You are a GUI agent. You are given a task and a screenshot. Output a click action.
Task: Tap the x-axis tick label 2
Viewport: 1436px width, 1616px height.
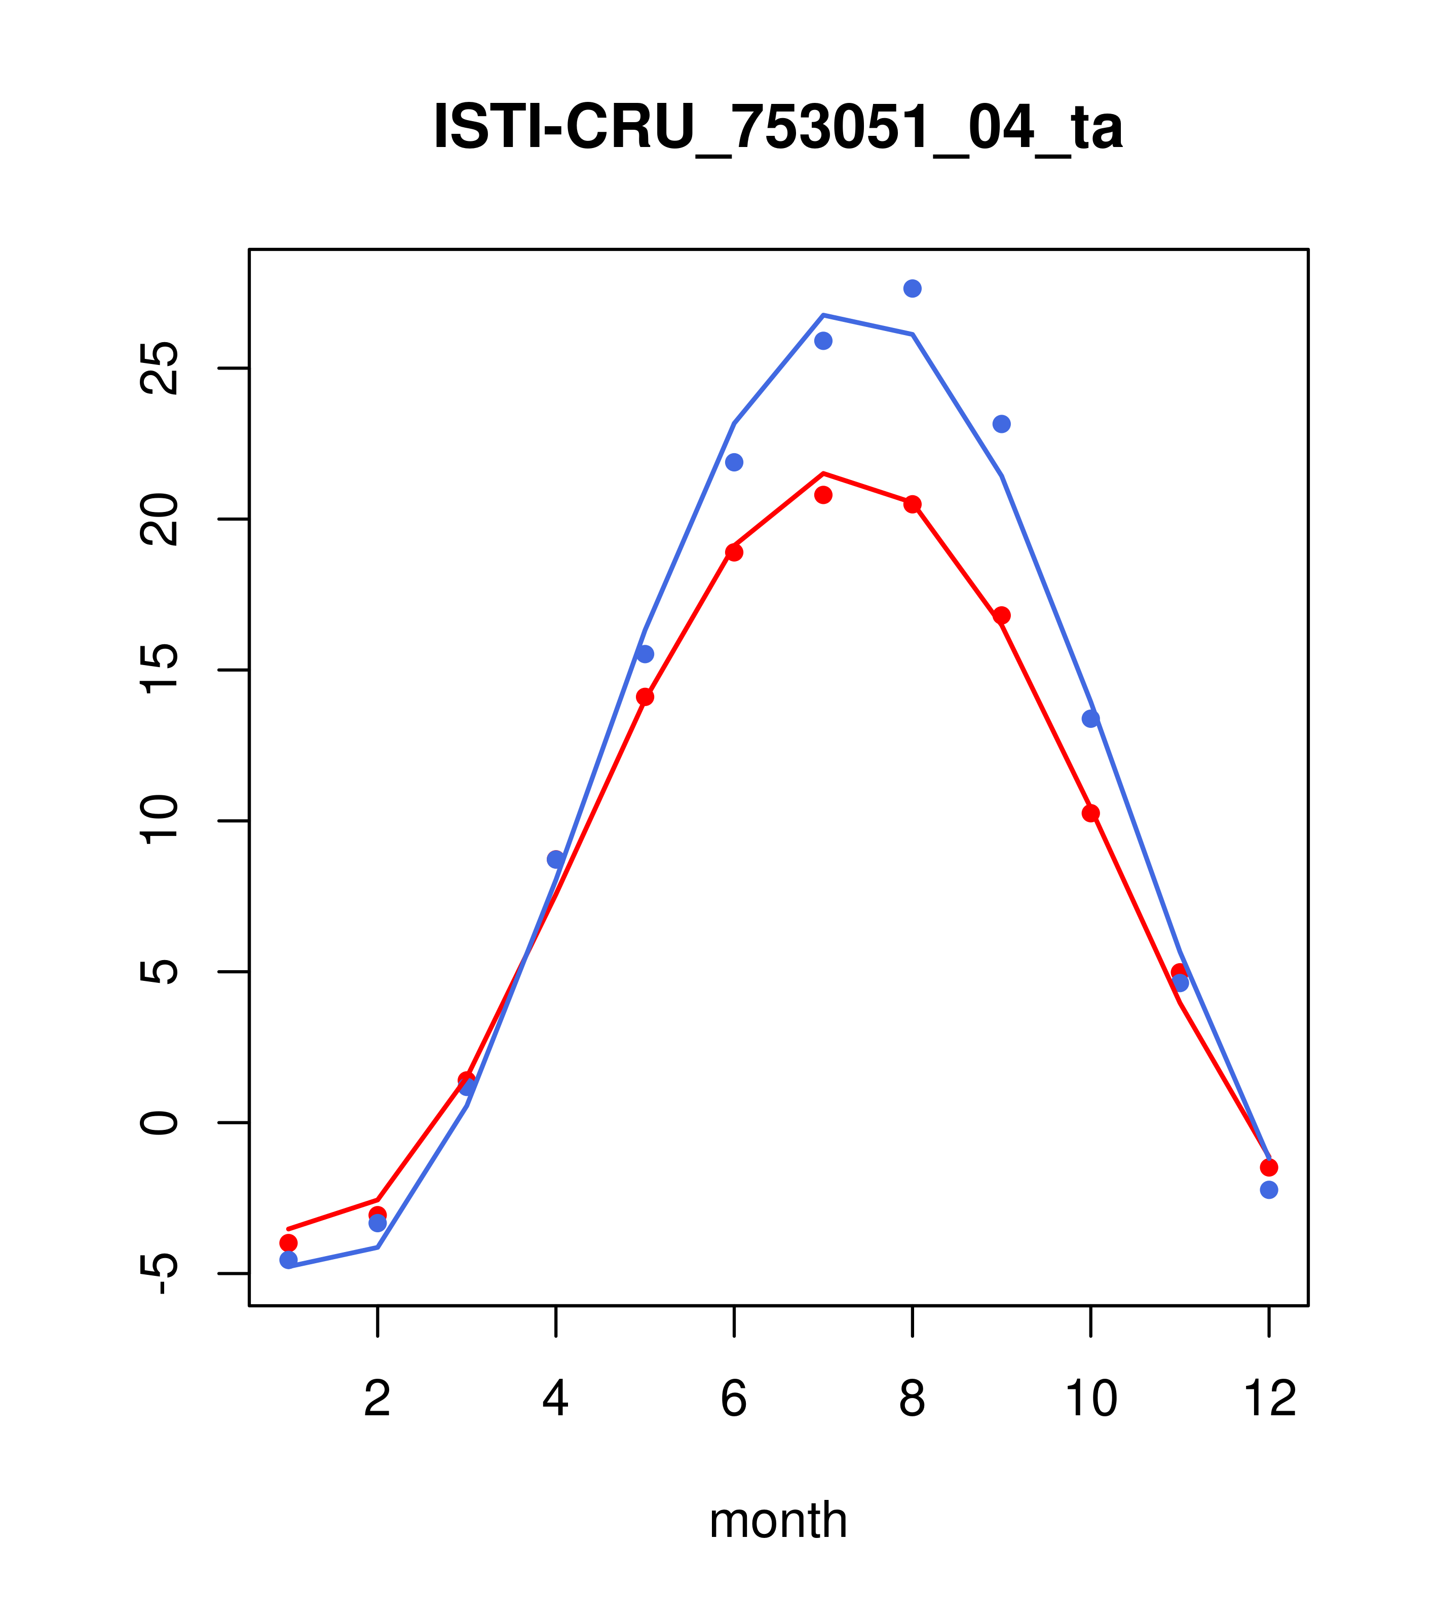pyautogui.click(x=378, y=1400)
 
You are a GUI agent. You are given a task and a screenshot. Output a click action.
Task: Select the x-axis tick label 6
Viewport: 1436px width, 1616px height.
pyautogui.click(x=734, y=1400)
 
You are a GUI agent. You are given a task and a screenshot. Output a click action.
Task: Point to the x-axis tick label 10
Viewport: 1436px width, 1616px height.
pyautogui.click(x=1090, y=1400)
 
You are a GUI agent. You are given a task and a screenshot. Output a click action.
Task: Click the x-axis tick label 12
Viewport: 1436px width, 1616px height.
pyautogui.click(x=1269, y=1400)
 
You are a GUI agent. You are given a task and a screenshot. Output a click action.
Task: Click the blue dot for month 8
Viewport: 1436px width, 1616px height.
pyautogui.click(x=912, y=288)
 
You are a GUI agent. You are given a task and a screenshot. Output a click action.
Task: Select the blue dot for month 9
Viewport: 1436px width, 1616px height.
pyautogui.click(x=1001, y=425)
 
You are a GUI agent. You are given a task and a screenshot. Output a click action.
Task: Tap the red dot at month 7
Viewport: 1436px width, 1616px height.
pyautogui.click(x=823, y=495)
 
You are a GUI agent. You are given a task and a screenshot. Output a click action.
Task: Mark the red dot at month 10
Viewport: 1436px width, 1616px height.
pyautogui.click(x=1090, y=814)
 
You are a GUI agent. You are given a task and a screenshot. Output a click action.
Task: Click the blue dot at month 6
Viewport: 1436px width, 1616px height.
pyautogui.click(x=734, y=462)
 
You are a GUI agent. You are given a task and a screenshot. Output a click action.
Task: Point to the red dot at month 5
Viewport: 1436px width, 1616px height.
pyautogui.click(x=645, y=697)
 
